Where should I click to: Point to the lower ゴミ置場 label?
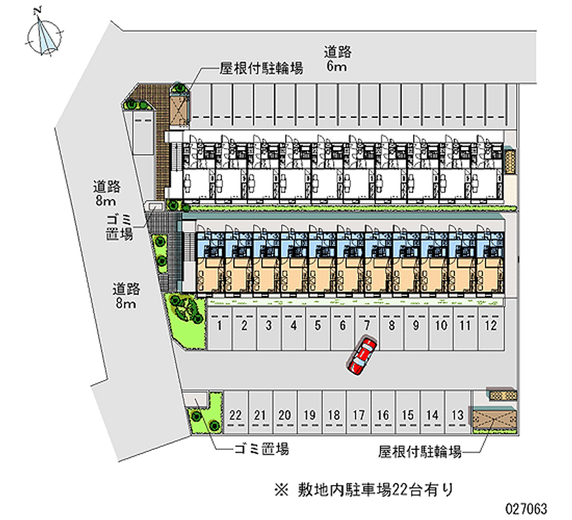click(x=262, y=449)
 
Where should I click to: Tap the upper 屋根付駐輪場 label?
click(x=261, y=69)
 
